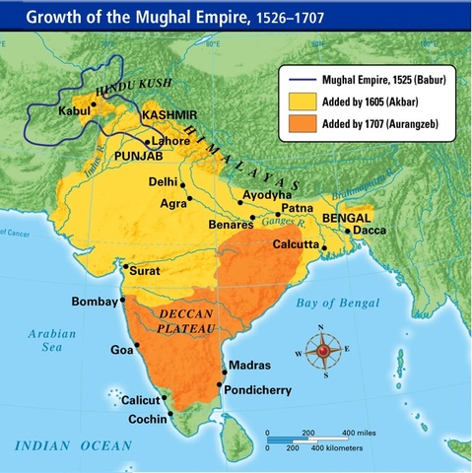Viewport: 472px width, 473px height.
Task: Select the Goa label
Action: point(121,348)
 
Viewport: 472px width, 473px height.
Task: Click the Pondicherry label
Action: point(258,389)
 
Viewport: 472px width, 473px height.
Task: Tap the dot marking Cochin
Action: point(169,415)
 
